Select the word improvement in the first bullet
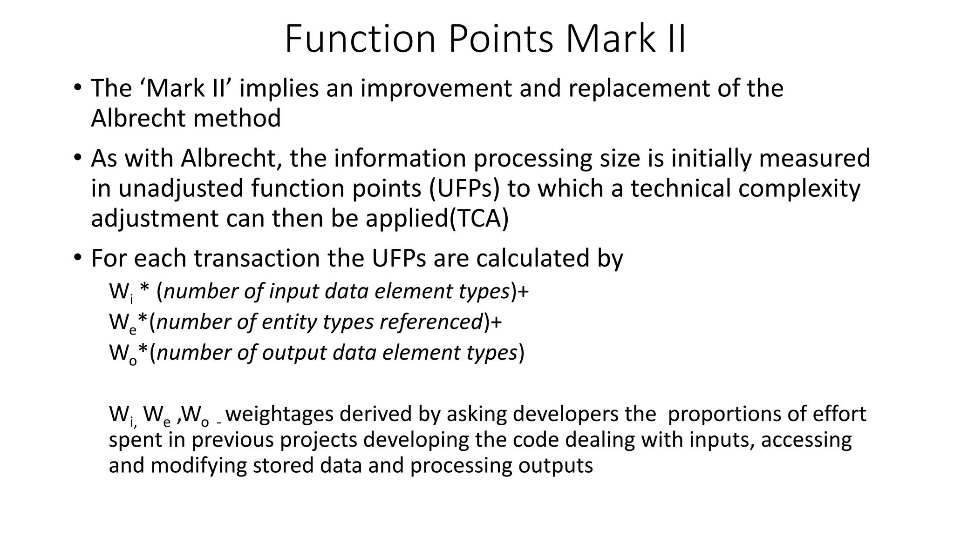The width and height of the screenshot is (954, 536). click(x=437, y=88)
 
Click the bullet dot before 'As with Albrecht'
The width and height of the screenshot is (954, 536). click(x=77, y=157)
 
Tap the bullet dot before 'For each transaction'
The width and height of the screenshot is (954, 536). click(x=77, y=257)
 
